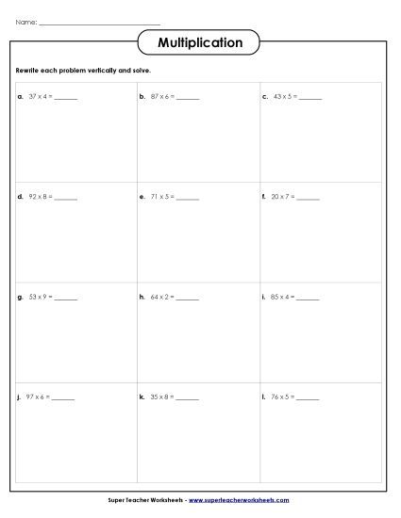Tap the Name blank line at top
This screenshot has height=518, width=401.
pyautogui.click(x=100, y=23)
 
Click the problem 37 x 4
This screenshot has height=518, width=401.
pyautogui.click(x=42, y=96)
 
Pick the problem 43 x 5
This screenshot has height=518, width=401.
pyautogui.click(x=284, y=96)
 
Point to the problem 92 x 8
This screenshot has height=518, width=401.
pyautogui.click(x=42, y=198)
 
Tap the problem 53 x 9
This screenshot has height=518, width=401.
pyautogui.click(x=42, y=298)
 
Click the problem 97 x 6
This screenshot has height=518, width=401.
pyautogui.click(x=42, y=397)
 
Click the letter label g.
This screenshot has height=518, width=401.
pyautogui.click(x=20, y=298)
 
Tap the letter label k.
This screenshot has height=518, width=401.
pyautogui.click(x=142, y=397)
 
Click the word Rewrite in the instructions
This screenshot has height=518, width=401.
pyautogui.click(x=28, y=71)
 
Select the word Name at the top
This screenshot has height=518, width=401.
pyautogui.click(x=25, y=22)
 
